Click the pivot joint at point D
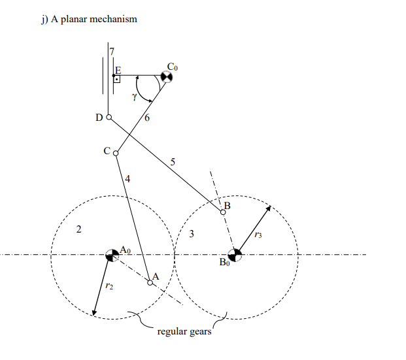[x=109, y=118]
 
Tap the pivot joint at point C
[x=116, y=154]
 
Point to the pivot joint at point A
[x=150, y=283]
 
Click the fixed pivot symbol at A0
[x=112, y=255]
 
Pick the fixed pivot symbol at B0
[x=235, y=255]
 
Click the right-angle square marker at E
[x=117, y=79]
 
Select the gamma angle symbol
[x=134, y=96]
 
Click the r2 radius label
[x=109, y=286]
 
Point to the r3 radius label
[x=258, y=235]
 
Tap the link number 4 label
[x=127, y=178]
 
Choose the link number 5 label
[x=173, y=163]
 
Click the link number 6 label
[x=147, y=118]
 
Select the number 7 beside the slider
[x=112, y=50]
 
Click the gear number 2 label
[x=78, y=229]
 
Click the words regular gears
[x=185, y=331]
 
